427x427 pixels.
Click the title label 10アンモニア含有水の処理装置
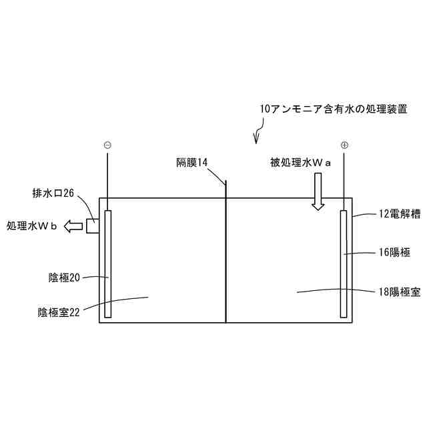(334, 108)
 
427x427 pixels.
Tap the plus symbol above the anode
(344, 144)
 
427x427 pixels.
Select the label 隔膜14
(193, 162)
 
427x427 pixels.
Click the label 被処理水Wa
(301, 162)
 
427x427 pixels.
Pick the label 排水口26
(53, 194)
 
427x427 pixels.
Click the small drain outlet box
(93, 226)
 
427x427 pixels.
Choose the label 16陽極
(398, 253)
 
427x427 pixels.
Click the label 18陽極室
(399, 292)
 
